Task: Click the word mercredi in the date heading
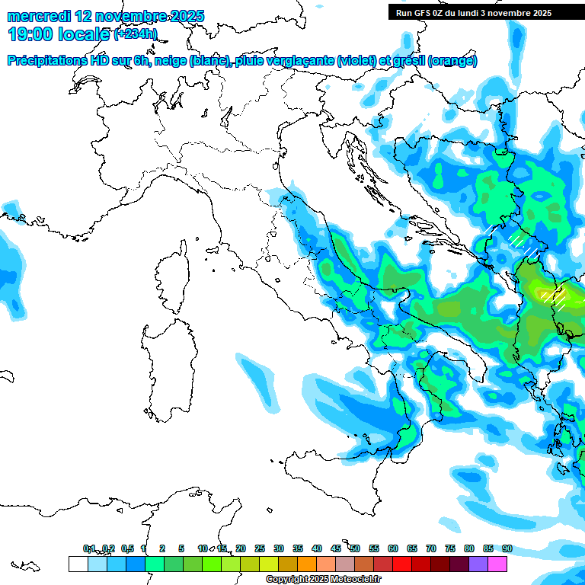[38, 16]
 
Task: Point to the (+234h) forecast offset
[135, 34]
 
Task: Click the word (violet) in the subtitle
[361, 61]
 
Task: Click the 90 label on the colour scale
[507, 548]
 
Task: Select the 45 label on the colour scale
[336, 548]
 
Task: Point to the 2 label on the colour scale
[162, 548]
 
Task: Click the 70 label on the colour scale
[431, 548]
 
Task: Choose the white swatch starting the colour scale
[78, 564]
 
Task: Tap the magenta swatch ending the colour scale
[497, 564]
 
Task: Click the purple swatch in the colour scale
[478, 564]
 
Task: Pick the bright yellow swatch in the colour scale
[268, 564]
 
